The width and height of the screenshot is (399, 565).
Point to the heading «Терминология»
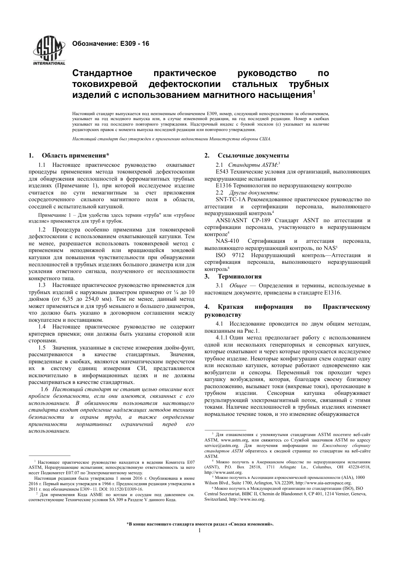coord(239,276)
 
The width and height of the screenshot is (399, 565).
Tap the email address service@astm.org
coord(221,445)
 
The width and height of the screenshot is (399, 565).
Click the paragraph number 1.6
coord(44,389)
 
